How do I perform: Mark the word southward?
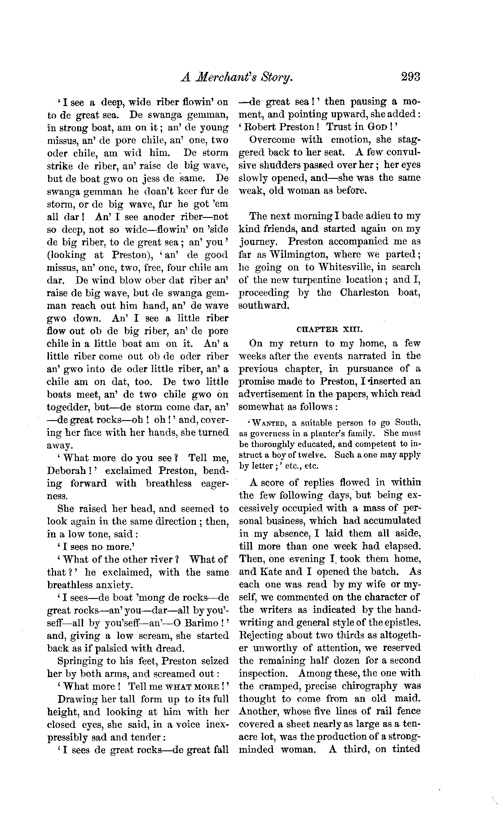click(263, 306)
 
